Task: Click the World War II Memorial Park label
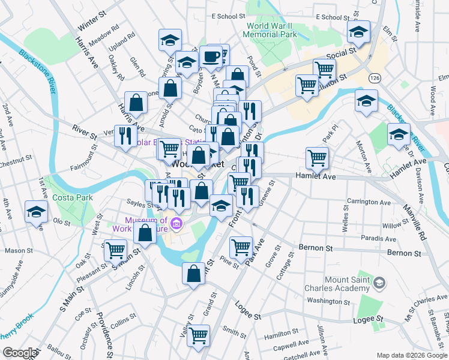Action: coord(271,31)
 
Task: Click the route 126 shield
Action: coord(375,79)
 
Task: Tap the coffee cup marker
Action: coord(211,57)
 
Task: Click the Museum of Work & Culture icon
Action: coord(176,225)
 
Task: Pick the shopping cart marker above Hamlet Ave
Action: coord(317,158)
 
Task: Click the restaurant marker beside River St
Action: coord(125,136)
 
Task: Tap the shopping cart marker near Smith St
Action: coord(198,336)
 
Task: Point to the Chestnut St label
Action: coord(16,161)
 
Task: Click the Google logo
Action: coord(19,353)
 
